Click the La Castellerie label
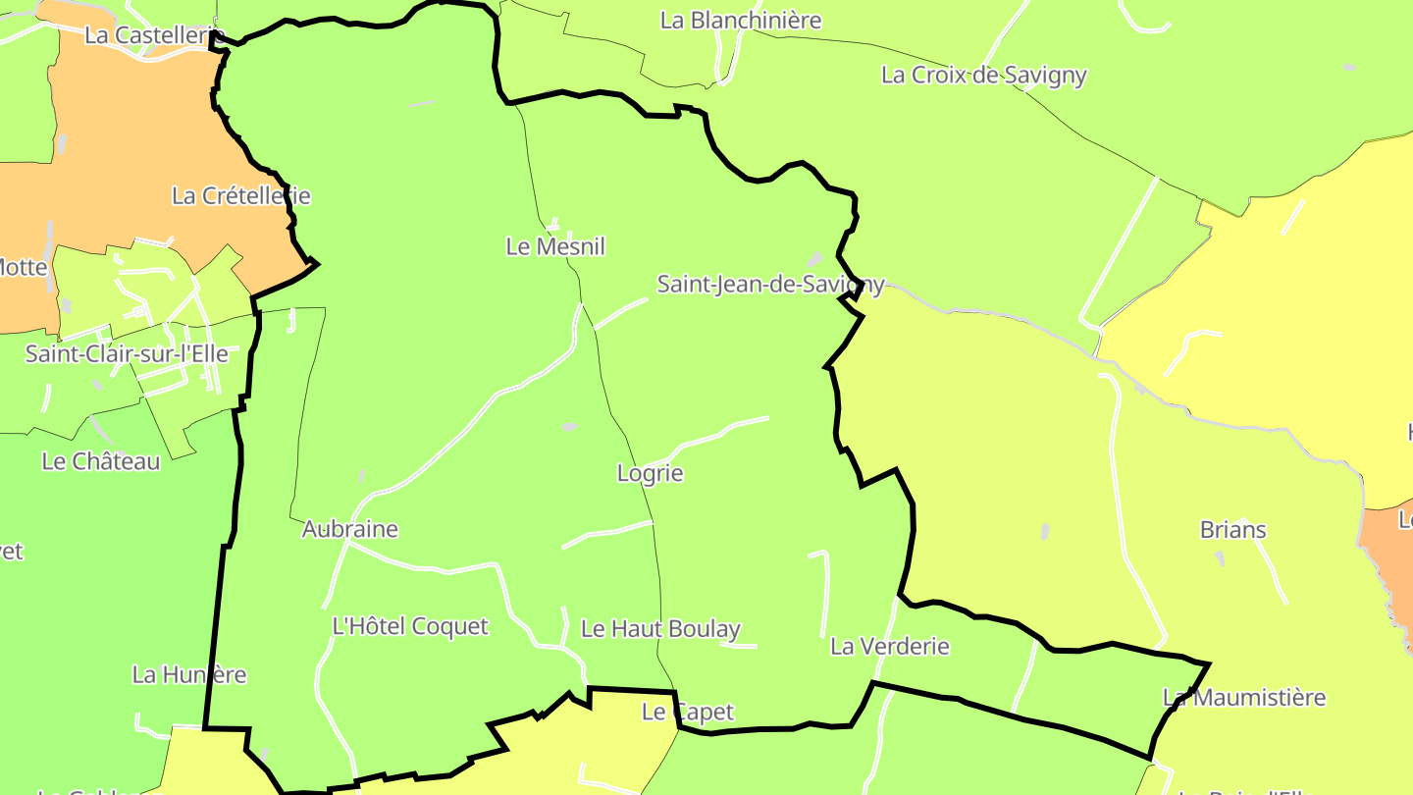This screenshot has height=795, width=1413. click(x=148, y=35)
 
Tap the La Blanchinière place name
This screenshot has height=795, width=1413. click(x=741, y=20)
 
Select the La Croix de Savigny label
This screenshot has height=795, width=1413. click(x=983, y=75)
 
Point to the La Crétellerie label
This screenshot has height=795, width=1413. click(x=240, y=195)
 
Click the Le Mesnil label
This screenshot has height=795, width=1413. click(x=555, y=246)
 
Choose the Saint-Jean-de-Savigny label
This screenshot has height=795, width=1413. click(x=770, y=285)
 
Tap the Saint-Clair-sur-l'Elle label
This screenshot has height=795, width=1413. click(x=127, y=353)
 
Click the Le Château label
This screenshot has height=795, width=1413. click(x=101, y=461)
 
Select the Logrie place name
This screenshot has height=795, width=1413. click(x=650, y=473)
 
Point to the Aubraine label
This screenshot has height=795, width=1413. click(x=349, y=529)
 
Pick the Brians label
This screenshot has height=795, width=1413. click(x=1232, y=530)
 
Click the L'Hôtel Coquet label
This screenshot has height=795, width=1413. click(x=410, y=626)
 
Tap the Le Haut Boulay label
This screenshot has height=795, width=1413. click(x=660, y=629)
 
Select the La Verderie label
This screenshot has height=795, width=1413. click(x=889, y=646)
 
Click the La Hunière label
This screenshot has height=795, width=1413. click(x=189, y=675)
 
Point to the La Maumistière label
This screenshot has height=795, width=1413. click(x=1243, y=698)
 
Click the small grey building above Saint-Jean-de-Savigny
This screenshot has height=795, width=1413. click(x=813, y=260)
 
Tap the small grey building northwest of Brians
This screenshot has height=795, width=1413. click(x=1044, y=531)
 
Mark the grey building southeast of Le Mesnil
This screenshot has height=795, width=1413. click(x=569, y=427)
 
